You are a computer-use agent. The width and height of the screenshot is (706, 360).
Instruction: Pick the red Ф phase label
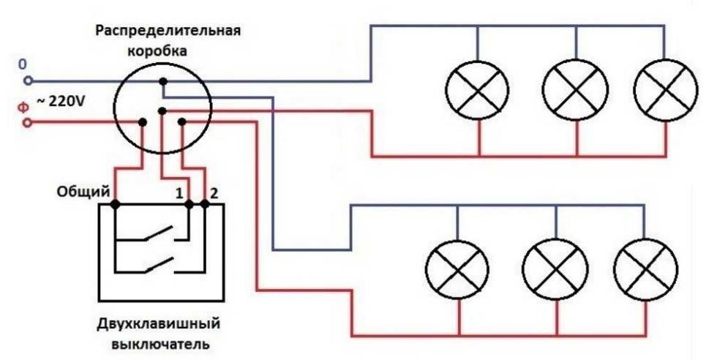pyautogui.click(x=24, y=108)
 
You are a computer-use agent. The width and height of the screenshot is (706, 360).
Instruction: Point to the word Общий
pyautogui.click(x=83, y=192)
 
